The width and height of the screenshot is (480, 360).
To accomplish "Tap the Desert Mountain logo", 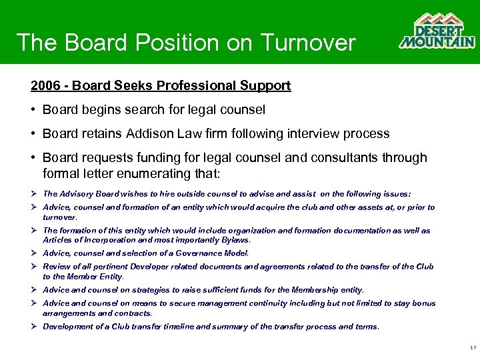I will point(437,31).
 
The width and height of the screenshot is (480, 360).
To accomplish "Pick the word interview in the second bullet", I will point(313,133).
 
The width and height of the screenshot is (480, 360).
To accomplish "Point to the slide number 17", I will point(472,348).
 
